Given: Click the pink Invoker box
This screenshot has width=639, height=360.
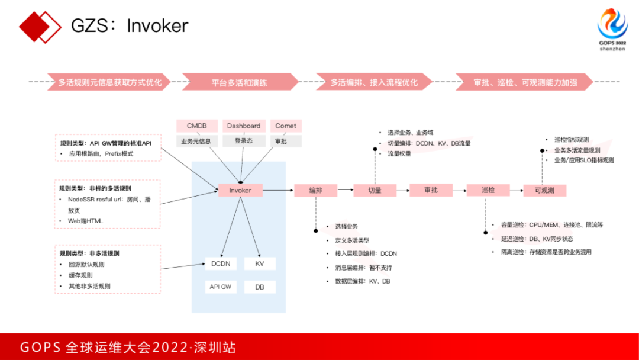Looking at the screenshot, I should tap(240, 190).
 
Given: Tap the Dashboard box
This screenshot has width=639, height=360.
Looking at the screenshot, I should tap(244, 126).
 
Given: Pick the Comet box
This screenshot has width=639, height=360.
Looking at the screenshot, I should tap(286, 126).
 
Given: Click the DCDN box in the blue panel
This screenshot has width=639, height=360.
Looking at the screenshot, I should tap(221, 263).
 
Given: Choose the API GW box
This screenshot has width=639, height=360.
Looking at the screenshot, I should tap(221, 287).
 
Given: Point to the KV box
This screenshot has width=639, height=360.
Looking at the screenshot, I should tap(260, 263).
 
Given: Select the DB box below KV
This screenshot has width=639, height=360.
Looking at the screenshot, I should tap(260, 287).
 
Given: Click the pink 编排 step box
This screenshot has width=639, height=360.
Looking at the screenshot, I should tap(315, 191).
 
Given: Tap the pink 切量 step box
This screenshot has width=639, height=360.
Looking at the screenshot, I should tap(375, 191).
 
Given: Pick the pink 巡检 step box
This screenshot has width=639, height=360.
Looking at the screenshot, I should tap(488, 191).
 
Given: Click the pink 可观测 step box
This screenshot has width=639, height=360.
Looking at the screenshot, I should tap(544, 191).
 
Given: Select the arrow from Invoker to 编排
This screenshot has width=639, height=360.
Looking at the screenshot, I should tap(278, 190).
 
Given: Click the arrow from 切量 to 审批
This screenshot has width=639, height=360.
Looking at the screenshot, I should tap(403, 190).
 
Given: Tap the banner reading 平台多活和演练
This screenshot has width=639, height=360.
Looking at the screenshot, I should tap(240, 82).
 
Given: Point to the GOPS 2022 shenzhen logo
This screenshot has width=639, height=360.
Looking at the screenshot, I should tap(612, 30).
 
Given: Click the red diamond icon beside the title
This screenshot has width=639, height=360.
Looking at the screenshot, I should tap(40, 26).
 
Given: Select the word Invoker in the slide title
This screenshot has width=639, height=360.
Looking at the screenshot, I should tap(157, 26).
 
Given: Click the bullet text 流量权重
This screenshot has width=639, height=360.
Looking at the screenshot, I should tap(399, 154).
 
